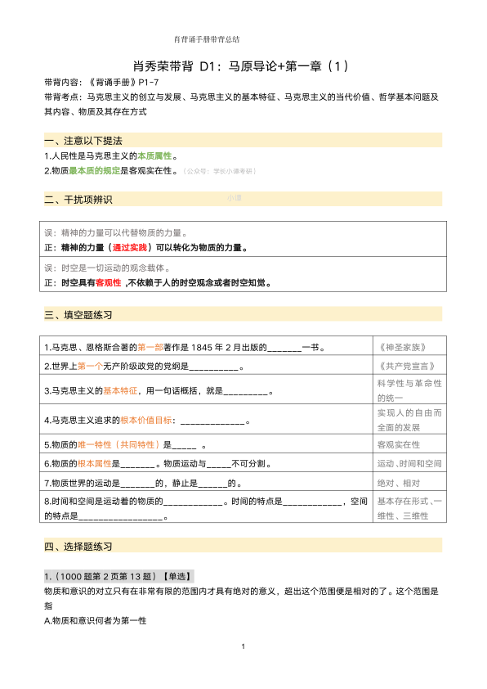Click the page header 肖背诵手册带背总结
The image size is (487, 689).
point(207,38)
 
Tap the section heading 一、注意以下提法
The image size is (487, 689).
point(84,141)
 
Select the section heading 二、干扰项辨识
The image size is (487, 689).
point(79,200)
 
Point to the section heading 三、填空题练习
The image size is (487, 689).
point(79,314)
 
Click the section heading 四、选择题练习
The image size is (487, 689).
point(79,546)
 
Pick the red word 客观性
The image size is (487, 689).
point(108,282)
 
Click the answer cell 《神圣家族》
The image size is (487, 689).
point(405,346)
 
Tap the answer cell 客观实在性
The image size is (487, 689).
point(399,444)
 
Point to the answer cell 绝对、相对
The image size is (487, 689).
point(399,483)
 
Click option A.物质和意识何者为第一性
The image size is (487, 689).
point(95,621)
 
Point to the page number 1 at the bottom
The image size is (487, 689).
point(243,647)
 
